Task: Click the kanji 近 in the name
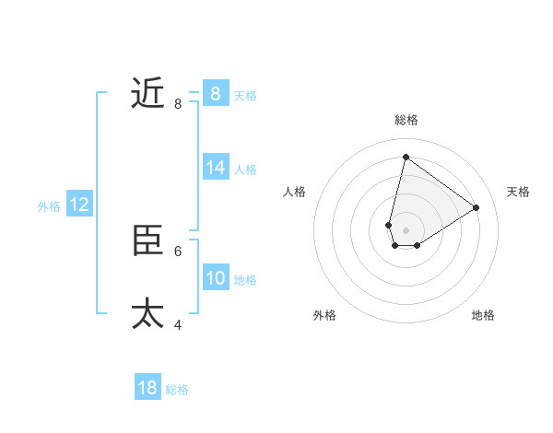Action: coord(147,93)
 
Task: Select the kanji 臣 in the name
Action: coord(147,240)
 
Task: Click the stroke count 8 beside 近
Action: coord(178,104)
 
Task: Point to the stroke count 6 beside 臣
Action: coord(178,251)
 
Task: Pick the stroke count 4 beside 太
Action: coord(178,324)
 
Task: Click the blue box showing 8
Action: coord(216,93)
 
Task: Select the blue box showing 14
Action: coord(216,167)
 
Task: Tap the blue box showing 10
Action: coord(216,277)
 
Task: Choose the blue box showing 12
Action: coord(79,205)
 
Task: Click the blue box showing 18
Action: coord(147,388)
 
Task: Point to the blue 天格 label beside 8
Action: coord(245,95)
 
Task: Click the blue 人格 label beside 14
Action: coord(245,169)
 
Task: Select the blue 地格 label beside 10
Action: coord(245,279)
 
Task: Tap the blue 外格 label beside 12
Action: coord(49,206)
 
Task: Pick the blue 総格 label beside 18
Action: coord(177,390)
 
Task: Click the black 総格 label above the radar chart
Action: coord(406,120)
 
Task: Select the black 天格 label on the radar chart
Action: coord(519,192)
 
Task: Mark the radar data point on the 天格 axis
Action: coord(477,207)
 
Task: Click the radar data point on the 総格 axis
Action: coord(406,156)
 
